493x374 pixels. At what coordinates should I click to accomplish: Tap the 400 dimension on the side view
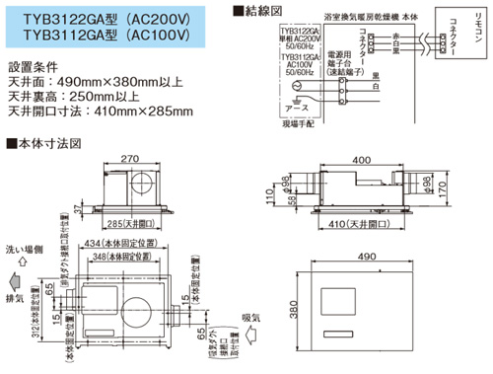(x=363, y=159)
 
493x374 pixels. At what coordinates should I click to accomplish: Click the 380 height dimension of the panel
(x=282, y=318)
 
